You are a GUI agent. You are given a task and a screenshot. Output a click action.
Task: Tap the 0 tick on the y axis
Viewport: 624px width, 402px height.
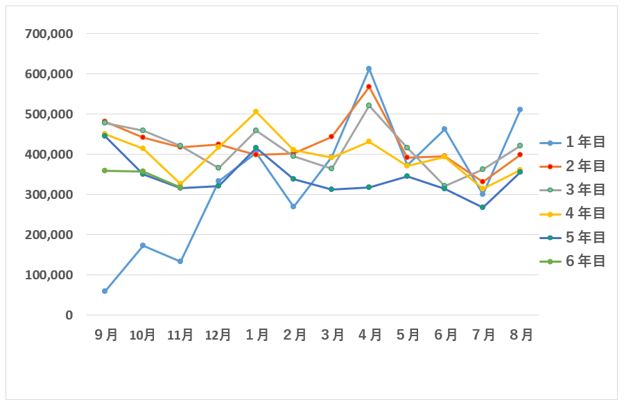click(x=69, y=315)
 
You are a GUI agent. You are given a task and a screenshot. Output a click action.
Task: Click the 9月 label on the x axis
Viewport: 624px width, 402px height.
click(x=105, y=335)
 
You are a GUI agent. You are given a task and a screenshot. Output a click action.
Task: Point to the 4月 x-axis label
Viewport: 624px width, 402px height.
click(x=370, y=335)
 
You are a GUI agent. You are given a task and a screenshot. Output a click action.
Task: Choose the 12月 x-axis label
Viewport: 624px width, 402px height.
click(x=218, y=335)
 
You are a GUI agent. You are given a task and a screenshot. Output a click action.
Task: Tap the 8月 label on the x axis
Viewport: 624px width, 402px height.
click(x=521, y=335)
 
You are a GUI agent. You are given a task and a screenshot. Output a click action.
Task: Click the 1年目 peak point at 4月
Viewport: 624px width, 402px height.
click(x=369, y=69)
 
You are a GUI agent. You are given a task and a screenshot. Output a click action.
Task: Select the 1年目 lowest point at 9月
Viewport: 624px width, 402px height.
click(x=105, y=291)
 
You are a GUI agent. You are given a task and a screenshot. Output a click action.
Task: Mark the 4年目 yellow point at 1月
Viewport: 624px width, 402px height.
click(x=256, y=112)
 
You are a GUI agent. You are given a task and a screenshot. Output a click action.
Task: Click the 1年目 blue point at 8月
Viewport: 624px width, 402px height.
click(x=520, y=110)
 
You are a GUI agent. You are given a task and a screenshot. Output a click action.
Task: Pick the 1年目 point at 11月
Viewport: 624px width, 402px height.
click(x=180, y=261)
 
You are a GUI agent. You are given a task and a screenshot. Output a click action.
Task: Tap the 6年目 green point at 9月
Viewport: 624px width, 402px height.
click(x=105, y=171)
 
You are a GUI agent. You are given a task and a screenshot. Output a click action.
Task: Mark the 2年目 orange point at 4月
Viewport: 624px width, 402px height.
click(x=369, y=87)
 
